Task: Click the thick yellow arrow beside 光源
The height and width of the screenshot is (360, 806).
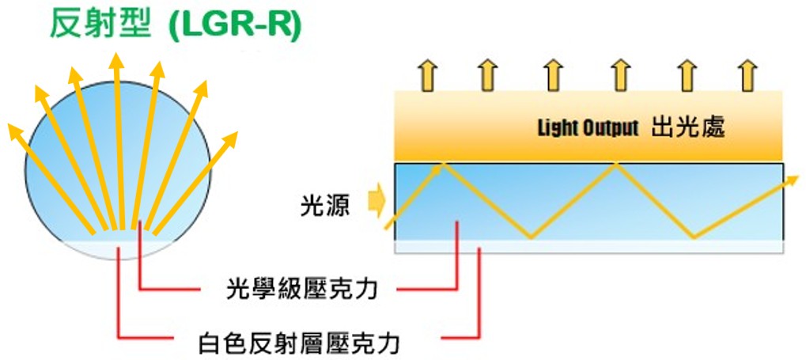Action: coord(376,201)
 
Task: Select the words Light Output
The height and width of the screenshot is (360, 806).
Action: coord(587,127)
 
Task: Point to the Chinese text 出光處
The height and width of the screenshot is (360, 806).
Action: coord(687,127)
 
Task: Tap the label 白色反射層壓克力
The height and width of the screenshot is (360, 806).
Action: coord(298,343)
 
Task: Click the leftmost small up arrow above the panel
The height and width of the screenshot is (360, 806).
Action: coord(428,75)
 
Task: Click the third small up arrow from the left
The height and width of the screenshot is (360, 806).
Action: coord(554,75)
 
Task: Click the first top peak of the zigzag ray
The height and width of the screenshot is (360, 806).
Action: coord(445,164)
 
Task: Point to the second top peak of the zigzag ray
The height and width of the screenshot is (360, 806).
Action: coord(616,164)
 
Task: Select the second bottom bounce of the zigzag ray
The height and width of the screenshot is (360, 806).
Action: coord(694,236)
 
